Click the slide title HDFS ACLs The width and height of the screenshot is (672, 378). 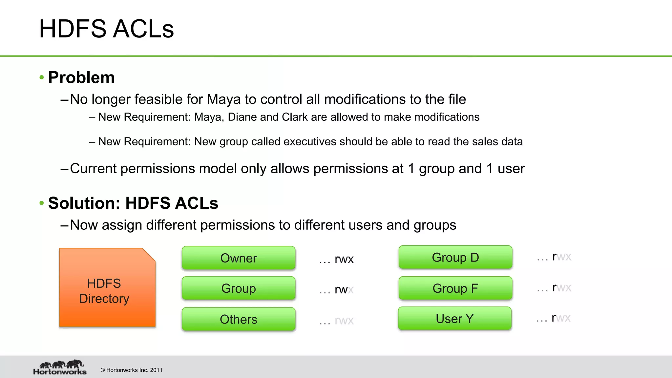click(106, 29)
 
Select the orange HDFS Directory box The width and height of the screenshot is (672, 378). click(107, 288)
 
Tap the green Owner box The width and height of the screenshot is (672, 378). click(239, 258)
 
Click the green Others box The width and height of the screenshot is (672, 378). click(239, 319)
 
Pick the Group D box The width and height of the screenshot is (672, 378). click(455, 258)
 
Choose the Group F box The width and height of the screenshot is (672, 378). click(455, 288)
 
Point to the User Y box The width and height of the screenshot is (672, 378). click(455, 319)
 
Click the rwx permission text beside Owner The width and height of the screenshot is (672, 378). click(344, 259)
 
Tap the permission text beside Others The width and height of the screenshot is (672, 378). click(344, 321)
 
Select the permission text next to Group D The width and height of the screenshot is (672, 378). click(561, 257)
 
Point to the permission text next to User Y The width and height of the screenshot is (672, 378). click(561, 318)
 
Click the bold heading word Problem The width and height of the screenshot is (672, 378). click(81, 78)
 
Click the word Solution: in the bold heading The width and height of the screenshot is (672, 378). click(84, 203)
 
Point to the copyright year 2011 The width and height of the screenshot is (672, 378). click(156, 370)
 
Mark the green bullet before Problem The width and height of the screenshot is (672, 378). click(42, 78)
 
